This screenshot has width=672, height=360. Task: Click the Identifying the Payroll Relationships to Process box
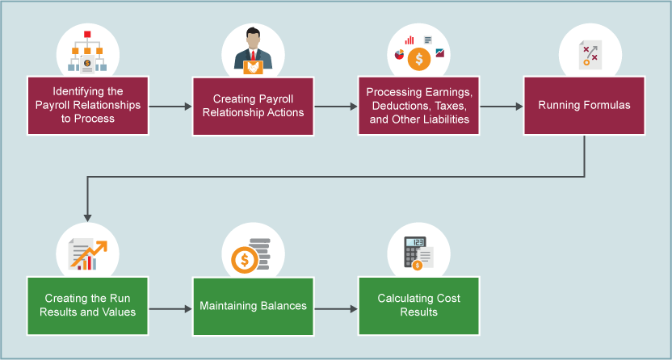88,106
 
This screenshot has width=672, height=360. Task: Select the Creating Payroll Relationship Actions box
253,106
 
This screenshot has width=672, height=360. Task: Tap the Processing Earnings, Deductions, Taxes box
418,106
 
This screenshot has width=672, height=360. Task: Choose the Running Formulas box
584,106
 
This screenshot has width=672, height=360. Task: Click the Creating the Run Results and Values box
88,306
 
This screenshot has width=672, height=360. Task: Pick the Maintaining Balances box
253,306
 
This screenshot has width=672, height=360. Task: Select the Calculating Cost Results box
418,306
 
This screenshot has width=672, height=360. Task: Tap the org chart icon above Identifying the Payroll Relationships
87,53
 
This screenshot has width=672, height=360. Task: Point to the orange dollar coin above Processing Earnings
418,59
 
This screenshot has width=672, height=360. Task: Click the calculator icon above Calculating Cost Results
418,253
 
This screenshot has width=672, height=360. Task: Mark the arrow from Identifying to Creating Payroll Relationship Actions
170,106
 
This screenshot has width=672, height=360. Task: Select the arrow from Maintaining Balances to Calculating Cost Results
336,308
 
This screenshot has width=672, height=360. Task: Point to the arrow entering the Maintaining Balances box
170,308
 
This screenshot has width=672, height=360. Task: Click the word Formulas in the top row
607,106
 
